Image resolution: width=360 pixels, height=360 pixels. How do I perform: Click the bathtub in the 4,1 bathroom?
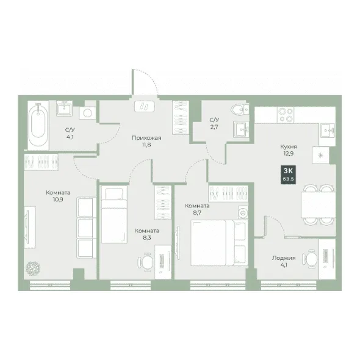coord(38,125)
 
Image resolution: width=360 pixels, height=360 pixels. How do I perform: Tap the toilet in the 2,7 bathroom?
coord(240,109)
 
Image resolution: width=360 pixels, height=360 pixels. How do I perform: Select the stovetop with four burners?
coord(286,115)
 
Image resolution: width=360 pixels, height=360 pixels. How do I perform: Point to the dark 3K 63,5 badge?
coord(288,175)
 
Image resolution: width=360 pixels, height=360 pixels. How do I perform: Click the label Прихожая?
coord(146,138)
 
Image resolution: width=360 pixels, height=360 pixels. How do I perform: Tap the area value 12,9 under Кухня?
coord(289,154)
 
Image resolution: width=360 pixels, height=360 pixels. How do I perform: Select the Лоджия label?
coord(284,258)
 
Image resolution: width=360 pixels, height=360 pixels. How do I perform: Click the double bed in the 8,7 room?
coord(219,243)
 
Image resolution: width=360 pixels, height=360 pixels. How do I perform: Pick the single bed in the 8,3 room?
coord(114,214)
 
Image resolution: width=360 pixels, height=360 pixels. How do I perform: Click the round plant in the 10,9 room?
coord(33,268)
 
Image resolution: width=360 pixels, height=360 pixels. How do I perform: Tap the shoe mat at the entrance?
coord(145,106)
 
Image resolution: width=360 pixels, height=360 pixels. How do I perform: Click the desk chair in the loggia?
coord(310,259)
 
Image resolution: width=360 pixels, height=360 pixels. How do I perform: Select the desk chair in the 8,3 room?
coord(146,262)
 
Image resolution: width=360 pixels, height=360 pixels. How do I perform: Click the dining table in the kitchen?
coord(318,205)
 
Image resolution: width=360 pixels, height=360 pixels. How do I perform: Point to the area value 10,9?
coord(58,200)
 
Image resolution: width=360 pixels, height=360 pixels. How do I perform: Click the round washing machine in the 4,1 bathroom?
coord(87,113)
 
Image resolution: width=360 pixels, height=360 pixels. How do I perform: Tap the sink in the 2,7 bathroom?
coord(241,130)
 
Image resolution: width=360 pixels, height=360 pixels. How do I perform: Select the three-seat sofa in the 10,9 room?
coord(87,228)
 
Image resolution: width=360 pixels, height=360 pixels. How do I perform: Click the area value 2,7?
coord(214,127)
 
